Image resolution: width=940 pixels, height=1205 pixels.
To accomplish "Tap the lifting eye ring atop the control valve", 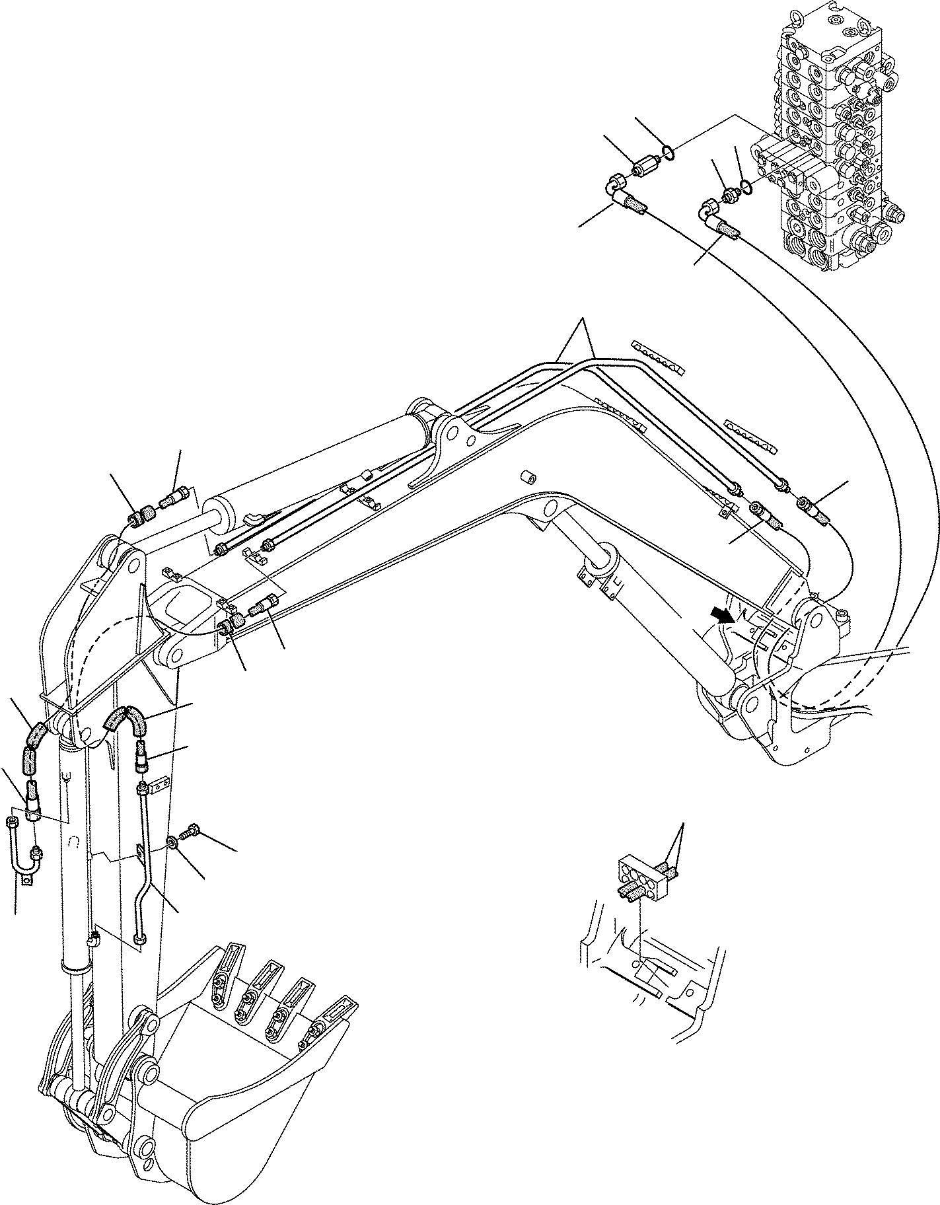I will tap(790, 8).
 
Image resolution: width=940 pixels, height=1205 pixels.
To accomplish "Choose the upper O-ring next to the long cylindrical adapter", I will tap(669, 154).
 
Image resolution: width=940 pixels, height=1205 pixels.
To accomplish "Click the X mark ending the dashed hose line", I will tap(784, 694).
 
